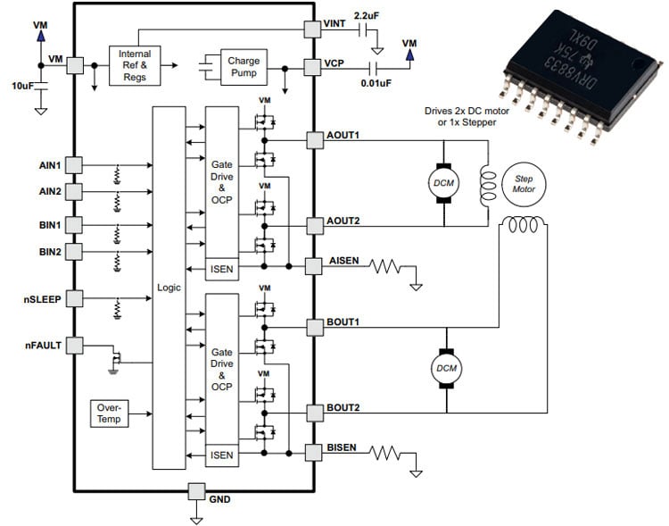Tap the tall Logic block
tap(169, 288)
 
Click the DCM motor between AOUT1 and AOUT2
tap(444, 182)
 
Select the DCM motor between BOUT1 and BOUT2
tap(444, 367)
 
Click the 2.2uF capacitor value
tap(367, 15)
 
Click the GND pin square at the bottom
tap(195, 491)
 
